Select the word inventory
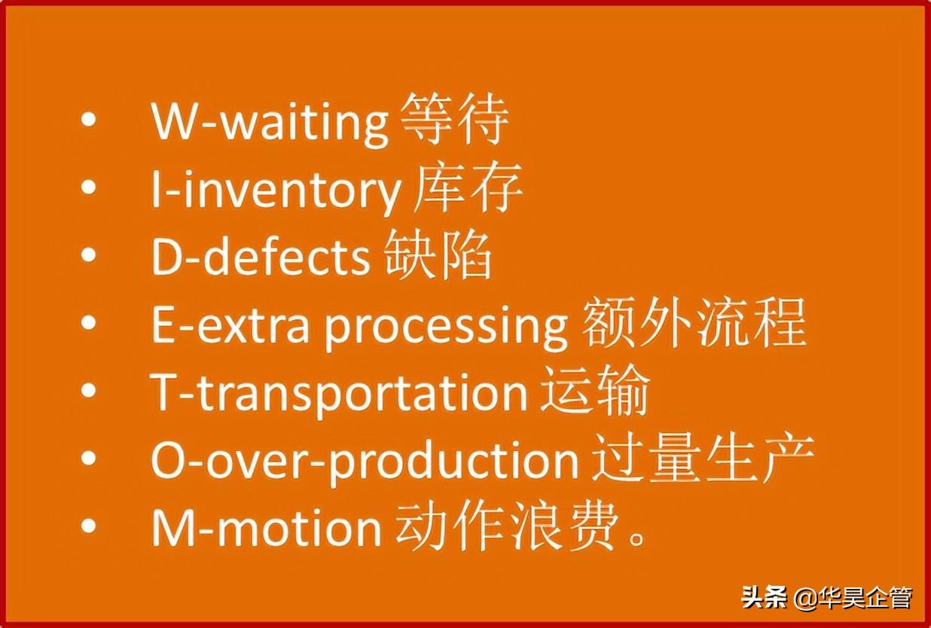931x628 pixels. (292, 192)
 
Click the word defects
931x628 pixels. (286, 257)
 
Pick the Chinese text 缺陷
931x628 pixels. (437, 255)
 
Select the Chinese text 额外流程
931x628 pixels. (693, 322)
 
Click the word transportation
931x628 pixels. (362, 393)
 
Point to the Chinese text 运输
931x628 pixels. (594, 390)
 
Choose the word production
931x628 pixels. (454, 461)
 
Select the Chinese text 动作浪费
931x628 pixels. (505, 525)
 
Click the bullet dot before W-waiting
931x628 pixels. (89, 120)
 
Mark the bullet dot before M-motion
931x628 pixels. (89, 526)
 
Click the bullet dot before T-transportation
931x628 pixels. (89, 391)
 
